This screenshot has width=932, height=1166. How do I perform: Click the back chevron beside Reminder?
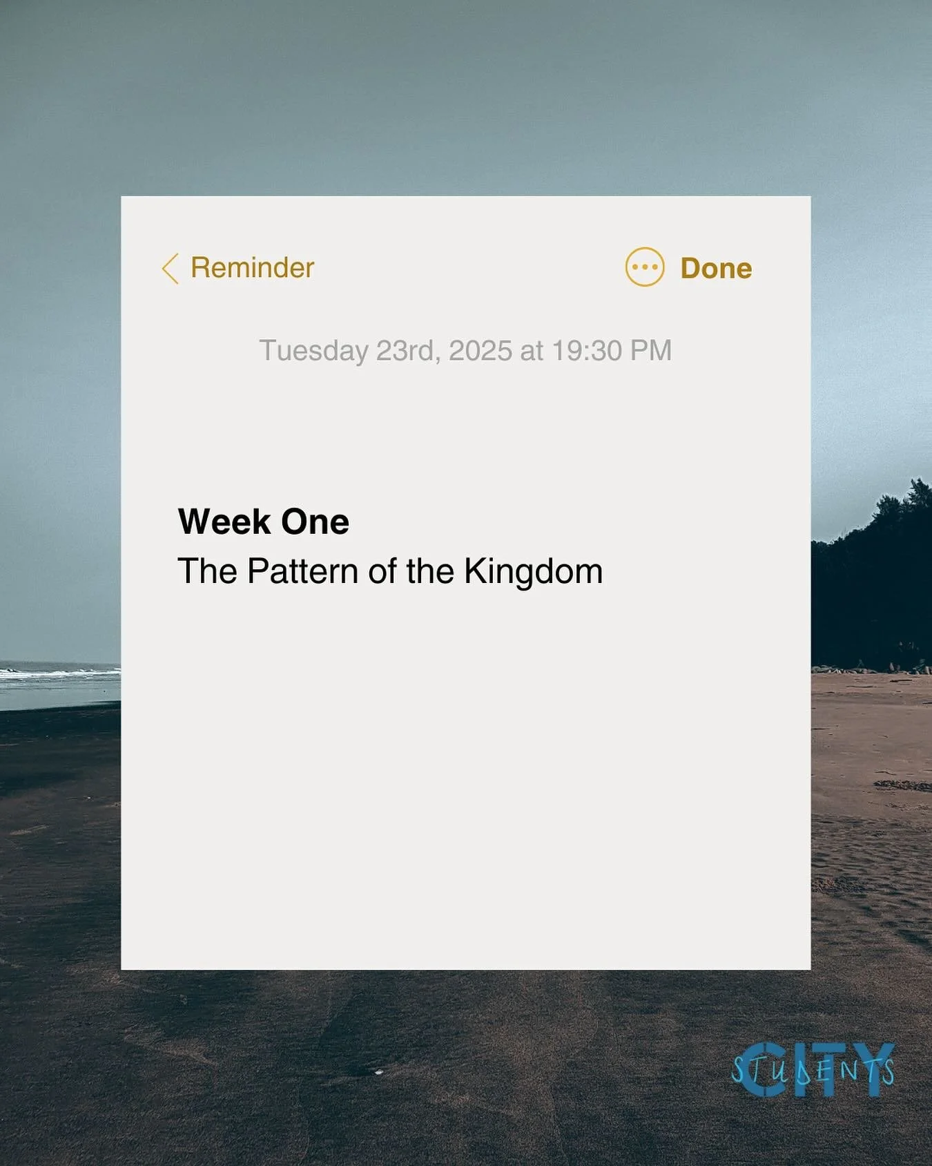170,268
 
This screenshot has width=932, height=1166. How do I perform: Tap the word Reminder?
252,268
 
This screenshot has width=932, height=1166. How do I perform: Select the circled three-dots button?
645,267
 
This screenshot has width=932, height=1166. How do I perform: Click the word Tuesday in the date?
313,351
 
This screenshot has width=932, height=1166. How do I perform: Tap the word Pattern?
303,572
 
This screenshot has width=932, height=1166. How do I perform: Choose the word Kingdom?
533,572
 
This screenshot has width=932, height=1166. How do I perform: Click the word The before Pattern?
207,572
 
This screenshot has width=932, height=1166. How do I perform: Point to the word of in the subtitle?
382,572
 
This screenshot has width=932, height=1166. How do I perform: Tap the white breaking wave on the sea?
55,672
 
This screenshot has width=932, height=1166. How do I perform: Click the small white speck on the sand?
378,1071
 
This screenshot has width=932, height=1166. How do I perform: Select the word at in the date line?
532,351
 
